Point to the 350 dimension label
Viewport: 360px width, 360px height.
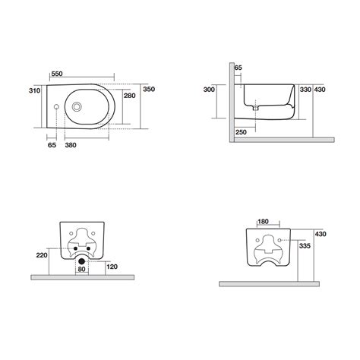[x=150, y=90]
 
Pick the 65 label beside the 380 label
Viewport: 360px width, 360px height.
[x=52, y=144]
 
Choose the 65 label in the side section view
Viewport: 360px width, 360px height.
[x=238, y=68]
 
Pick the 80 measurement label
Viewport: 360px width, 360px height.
[x=82, y=267]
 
